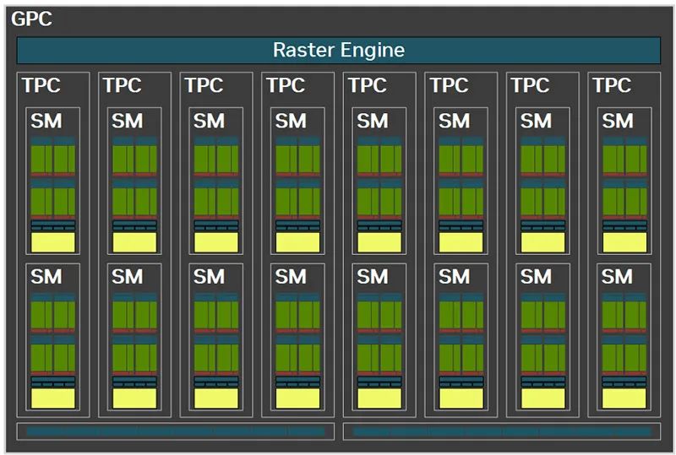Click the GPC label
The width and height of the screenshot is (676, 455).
coord(31,19)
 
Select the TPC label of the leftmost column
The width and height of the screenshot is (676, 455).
coord(41,85)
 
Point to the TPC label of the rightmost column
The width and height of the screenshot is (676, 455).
coord(612,85)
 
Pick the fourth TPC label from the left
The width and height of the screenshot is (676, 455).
coord(286,85)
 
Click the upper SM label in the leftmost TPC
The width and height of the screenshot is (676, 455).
coord(46,121)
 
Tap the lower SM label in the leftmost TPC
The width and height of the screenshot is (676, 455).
coord(46,277)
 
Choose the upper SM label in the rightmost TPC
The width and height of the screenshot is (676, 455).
coord(618,121)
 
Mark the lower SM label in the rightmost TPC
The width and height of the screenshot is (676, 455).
coord(617,277)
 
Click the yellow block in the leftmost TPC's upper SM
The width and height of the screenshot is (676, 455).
coord(53,242)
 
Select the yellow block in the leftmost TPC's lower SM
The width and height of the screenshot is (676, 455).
coord(53,398)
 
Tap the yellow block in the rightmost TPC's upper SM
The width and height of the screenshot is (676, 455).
coord(624,242)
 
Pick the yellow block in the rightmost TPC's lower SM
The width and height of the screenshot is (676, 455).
coord(624,398)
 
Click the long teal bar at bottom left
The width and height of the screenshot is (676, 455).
coord(176,431)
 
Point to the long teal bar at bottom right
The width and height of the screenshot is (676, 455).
coord(502,431)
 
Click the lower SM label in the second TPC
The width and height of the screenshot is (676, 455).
coord(128,277)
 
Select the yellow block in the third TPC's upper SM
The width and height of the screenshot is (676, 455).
coord(216,242)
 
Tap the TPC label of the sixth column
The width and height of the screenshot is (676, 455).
coord(449,85)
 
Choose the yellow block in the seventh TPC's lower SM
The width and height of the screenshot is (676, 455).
coord(542,398)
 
